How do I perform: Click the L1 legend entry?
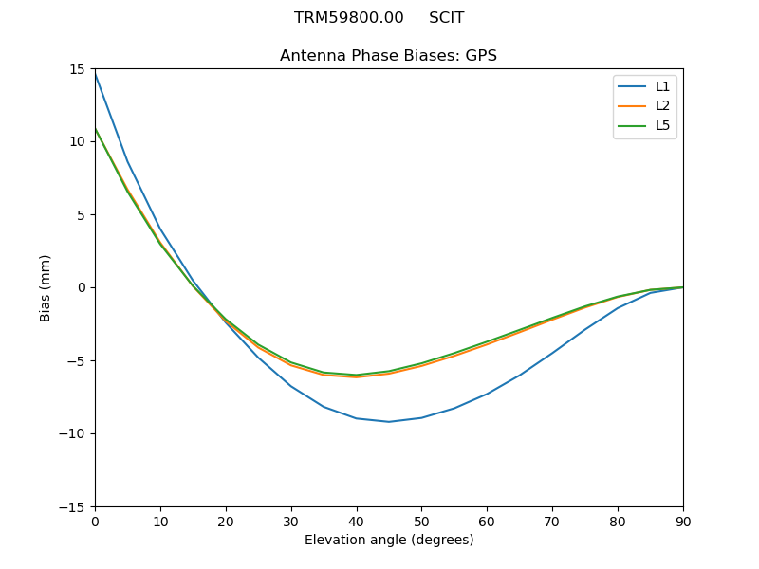coord(662,86)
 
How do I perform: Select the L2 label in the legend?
coord(662,106)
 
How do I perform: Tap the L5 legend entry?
coord(662,125)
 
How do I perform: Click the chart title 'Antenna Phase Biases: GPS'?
coord(388,56)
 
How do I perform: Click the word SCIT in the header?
coord(446,18)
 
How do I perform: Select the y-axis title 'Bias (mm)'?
coord(46,287)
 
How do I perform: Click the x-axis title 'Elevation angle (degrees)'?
coord(388,541)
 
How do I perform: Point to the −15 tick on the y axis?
coord(74,507)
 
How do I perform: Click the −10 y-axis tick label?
coord(74,434)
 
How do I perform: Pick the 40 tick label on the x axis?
coord(356,522)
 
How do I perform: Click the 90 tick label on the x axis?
coord(682,522)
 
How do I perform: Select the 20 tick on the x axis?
coord(226,522)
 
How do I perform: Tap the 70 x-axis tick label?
coord(552,522)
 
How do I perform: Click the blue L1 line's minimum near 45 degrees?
coord(389,422)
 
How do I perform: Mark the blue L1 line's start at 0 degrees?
coord(95,72)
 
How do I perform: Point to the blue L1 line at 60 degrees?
coord(487,394)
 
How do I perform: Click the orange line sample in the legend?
coord(632,106)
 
